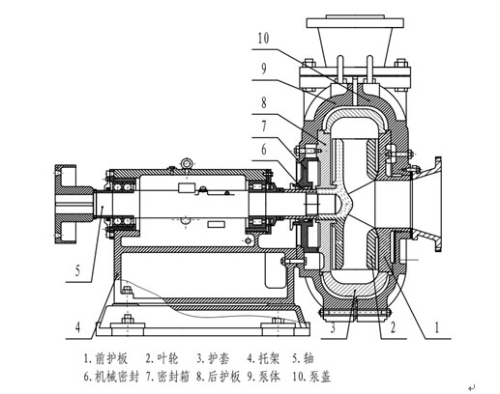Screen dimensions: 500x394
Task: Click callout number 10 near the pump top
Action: coord(263,38)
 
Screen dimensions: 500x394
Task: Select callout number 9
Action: coord(263,69)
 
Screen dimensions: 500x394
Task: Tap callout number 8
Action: coord(264,102)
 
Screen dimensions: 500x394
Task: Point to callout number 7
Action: coord(264,126)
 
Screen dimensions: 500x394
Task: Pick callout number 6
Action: coord(264,149)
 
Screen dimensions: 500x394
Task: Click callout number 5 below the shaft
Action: coord(77,270)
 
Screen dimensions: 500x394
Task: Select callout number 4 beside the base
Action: coord(77,327)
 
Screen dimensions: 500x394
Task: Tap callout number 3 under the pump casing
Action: coord(333,327)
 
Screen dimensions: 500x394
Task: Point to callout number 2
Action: coord(393,327)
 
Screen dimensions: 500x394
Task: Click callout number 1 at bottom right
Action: coord(437,327)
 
